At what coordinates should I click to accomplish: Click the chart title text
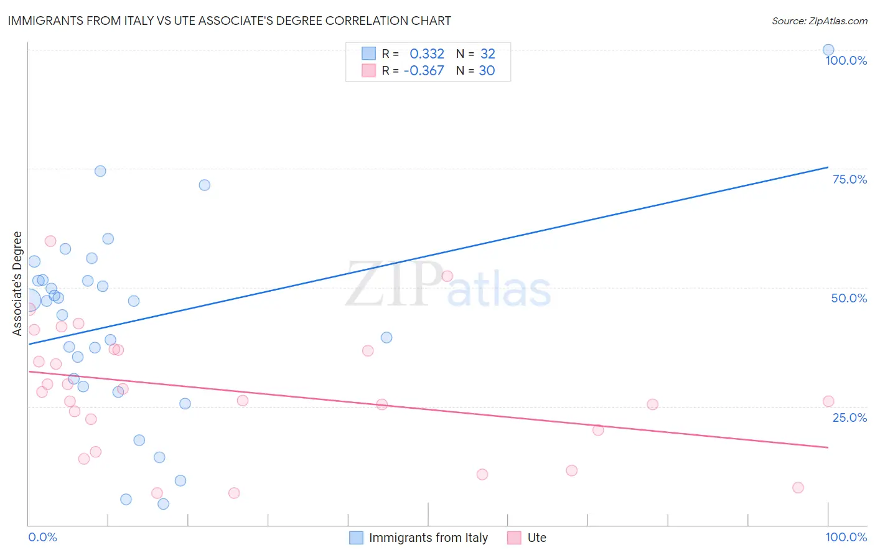(x=229, y=21)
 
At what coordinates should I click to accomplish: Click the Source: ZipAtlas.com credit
(x=819, y=21)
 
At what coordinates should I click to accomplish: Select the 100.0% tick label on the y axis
(x=846, y=60)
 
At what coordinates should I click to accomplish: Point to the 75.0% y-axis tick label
(x=849, y=179)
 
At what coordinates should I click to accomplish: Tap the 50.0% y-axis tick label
(x=849, y=298)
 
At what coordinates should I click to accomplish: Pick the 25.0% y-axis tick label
(x=849, y=417)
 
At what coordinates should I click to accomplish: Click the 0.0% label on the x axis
(x=42, y=537)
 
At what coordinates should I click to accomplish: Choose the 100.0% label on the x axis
(x=846, y=537)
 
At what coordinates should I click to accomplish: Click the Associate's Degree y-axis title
(x=17, y=283)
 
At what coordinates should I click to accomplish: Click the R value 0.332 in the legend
(x=427, y=54)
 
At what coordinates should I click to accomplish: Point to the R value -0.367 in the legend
(x=424, y=71)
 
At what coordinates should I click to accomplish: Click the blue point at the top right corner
(x=828, y=50)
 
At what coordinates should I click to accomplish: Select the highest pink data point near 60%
(x=50, y=241)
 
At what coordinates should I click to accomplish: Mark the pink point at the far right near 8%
(x=798, y=488)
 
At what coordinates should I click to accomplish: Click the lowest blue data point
(x=163, y=504)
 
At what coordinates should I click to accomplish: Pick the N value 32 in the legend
(x=487, y=54)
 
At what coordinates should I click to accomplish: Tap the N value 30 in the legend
(x=487, y=71)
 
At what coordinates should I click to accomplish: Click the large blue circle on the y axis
(x=29, y=301)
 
